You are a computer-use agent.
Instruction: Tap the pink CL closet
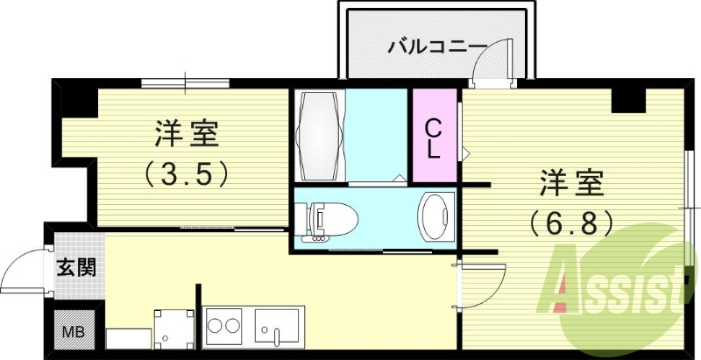click(433, 138)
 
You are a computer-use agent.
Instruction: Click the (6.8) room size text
click(570, 224)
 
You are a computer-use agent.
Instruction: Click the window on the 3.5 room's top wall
click(185, 84)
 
